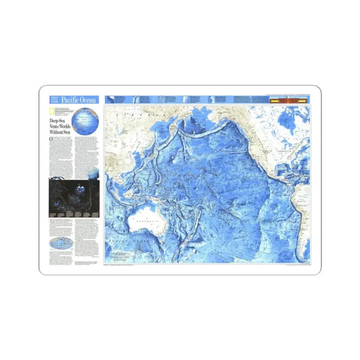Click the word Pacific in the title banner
pos(69,100)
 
